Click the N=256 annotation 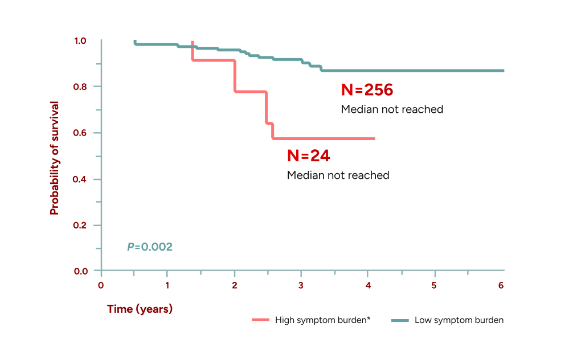(367, 90)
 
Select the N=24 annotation (308, 156)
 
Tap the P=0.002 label (149, 247)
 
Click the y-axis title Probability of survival (55, 158)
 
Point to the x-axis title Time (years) (140, 309)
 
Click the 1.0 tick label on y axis (80, 41)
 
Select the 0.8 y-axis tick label (80, 87)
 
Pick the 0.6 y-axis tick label (80, 133)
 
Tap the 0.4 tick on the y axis (80, 179)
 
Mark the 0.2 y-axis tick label (80, 226)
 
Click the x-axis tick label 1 (167, 285)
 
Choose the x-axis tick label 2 (235, 285)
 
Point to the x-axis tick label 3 (301, 285)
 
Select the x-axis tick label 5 (435, 285)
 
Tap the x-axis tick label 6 (501, 285)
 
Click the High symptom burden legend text (323, 320)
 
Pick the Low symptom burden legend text (459, 320)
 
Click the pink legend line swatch (260, 321)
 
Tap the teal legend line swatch (400, 321)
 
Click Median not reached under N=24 (338, 175)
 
